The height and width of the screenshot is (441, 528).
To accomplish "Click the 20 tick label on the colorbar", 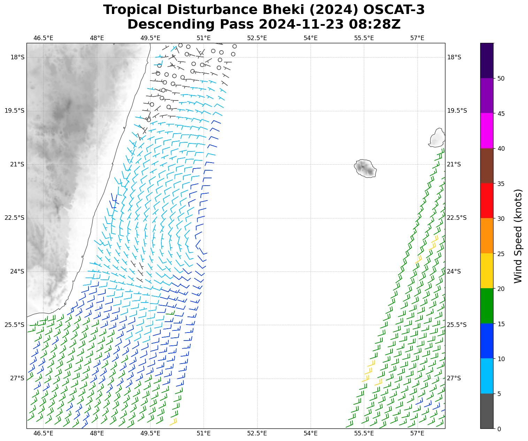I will pos(501,289).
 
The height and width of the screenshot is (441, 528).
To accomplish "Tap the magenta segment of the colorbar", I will pos(487,131).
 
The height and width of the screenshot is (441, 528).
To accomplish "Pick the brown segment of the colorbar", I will pos(487,166).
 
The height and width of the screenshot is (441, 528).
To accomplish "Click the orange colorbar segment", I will pos(487,236).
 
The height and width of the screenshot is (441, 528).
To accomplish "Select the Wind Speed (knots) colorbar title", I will pos(518,236).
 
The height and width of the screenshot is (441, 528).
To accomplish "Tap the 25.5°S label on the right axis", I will pos(457,325).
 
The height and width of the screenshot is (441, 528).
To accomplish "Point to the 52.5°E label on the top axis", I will pos(257,38).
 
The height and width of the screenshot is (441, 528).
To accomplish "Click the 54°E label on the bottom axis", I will pos(311,434).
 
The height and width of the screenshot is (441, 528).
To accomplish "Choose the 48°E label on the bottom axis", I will pos(97,434).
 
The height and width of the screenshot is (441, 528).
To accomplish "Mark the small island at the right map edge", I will pos(437,138).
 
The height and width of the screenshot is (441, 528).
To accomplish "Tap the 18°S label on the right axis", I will pos(454,57).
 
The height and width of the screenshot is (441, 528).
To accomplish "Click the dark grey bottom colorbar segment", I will pos(487,411).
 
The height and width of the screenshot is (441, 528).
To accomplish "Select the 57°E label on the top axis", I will pos(417,38).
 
